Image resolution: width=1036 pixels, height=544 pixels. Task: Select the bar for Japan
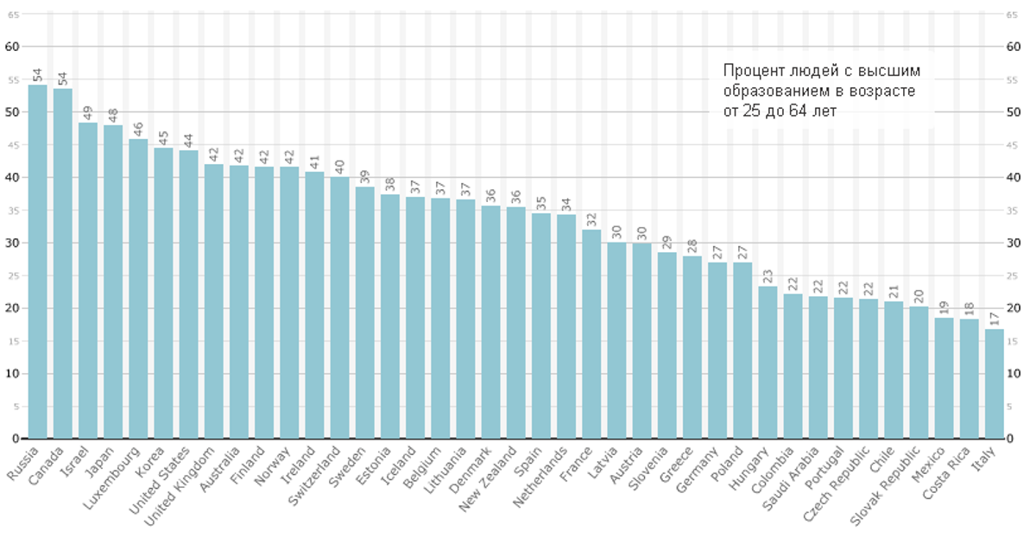tap(113, 281)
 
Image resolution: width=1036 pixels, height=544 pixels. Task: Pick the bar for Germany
tap(717, 350)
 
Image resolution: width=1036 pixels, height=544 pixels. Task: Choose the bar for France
tap(591, 333)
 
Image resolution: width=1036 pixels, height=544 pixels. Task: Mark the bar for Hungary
tap(768, 362)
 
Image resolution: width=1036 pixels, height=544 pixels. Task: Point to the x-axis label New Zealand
tap(489, 478)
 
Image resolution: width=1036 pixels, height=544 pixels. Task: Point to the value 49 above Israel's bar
tap(88, 112)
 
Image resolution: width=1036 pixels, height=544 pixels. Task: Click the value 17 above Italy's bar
tap(995, 319)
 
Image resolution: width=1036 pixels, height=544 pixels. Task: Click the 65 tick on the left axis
tap(12, 14)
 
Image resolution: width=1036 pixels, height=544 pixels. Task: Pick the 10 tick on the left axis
tap(12, 374)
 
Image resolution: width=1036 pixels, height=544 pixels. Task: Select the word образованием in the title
tap(775, 91)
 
